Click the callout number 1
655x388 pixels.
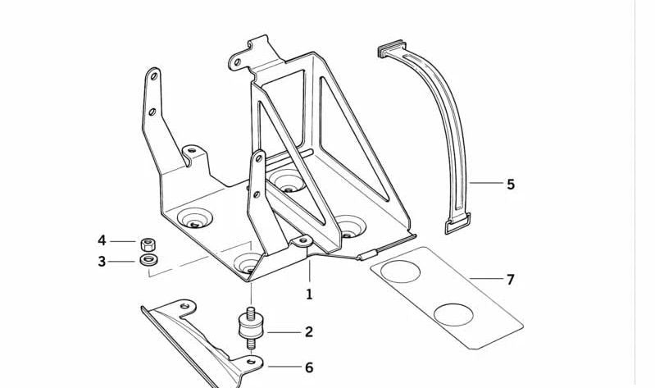coord(310,293)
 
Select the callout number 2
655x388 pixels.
coord(309,332)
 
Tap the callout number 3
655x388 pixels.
coord(102,262)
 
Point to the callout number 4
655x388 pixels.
coord(102,240)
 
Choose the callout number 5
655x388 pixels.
coord(511,185)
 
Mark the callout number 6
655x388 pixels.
coord(309,367)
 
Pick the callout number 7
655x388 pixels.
coord(510,280)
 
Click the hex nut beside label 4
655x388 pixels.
coord(148,242)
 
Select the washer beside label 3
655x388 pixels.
coord(148,261)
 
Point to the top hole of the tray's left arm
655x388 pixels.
coord(153,78)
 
